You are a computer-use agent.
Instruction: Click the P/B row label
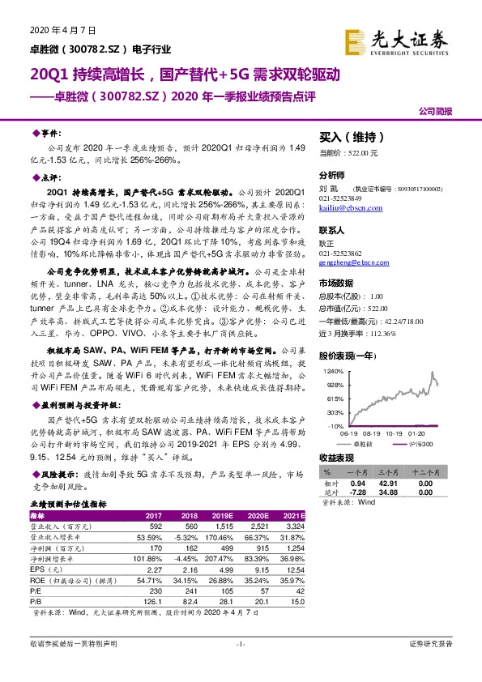(36, 601)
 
